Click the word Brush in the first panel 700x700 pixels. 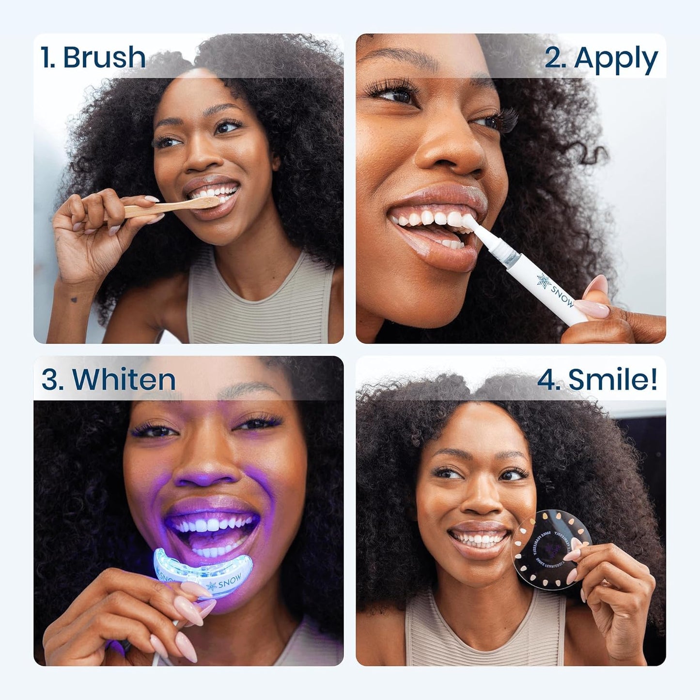tap(104, 57)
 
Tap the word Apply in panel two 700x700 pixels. tap(616, 59)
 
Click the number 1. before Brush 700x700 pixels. tap(48, 57)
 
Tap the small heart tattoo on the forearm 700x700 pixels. tap(74, 300)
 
